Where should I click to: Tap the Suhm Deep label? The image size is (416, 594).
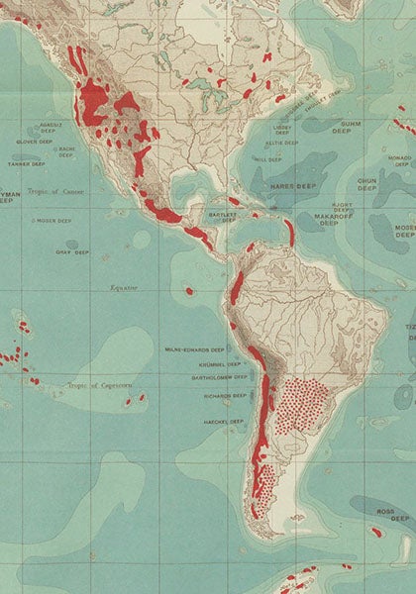point(341,128)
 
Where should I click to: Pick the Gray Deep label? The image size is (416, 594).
point(72,251)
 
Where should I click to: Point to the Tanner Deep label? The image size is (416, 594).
point(25,163)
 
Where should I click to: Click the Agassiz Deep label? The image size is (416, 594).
point(52,127)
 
